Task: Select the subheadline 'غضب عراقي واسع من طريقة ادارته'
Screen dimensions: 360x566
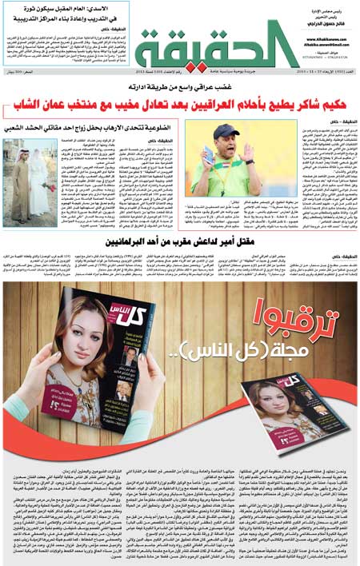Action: [181, 89]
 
